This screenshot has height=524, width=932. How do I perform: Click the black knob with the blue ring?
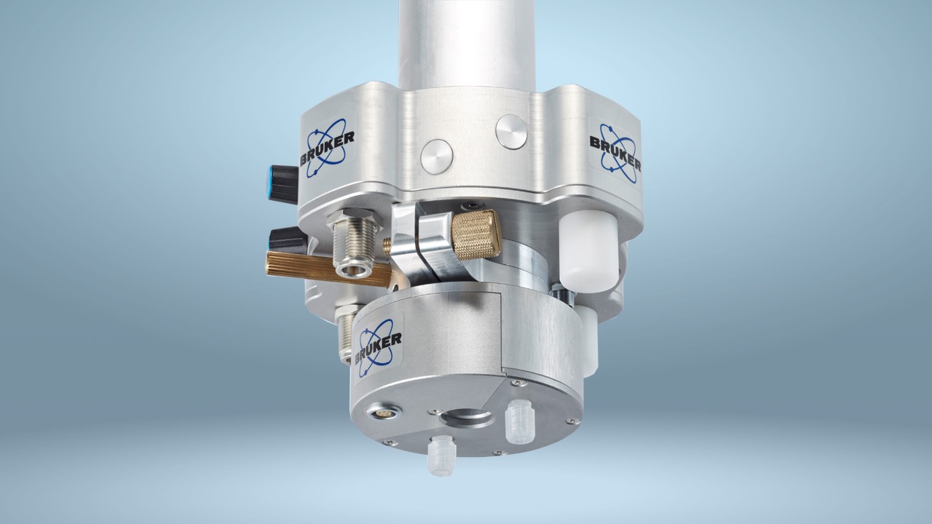pyautogui.click(x=285, y=183)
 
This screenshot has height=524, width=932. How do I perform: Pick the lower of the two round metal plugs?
pyautogui.click(x=436, y=156)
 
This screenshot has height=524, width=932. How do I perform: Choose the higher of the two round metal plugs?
pyautogui.click(x=511, y=132)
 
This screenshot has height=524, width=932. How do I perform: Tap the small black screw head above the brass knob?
pyautogui.click(x=473, y=205)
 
